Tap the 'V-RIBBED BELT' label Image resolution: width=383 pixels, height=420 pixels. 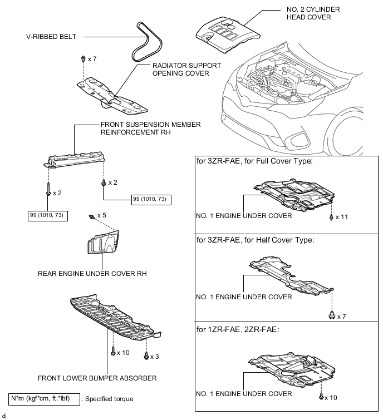pyautogui.click(x=51, y=37)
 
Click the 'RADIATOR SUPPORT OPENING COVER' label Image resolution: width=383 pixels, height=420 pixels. pyautogui.click(x=186, y=70)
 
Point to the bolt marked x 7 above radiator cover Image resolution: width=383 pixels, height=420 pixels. pyautogui.click(x=82, y=58)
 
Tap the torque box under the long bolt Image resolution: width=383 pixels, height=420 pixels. pyautogui.click(x=48, y=215)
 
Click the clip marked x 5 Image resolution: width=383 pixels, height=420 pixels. pyautogui.click(x=90, y=215)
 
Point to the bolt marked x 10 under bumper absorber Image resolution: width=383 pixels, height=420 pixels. pyautogui.click(x=113, y=352)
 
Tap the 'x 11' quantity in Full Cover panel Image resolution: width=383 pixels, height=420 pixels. pyautogui.click(x=341, y=217)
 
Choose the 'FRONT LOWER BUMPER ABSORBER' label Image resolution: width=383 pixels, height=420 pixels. pyautogui.click(x=97, y=378)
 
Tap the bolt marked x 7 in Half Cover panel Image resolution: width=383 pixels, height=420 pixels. pyautogui.click(x=332, y=315)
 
